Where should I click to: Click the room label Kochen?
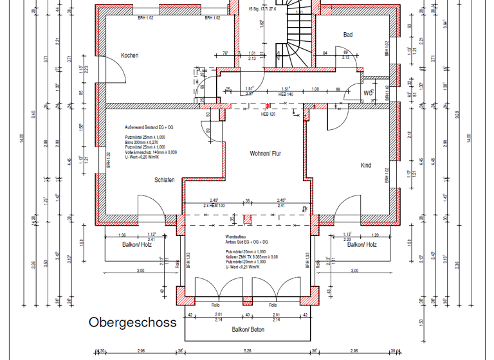pyautogui.click(x=129, y=56)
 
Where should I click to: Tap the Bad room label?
pyautogui.click(x=348, y=35)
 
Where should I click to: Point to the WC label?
pyautogui.click(x=369, y=93)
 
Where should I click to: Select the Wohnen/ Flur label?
pyautogui.click(x=266, y=154)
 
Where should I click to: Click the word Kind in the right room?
pyautogui.click(x=365, y=166)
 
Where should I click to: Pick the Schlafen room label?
pyautogui.click(x=165, y=180)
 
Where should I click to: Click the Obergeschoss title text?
pyautogui.click(x=132, y=322)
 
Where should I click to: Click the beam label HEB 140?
pyautogui.click(x=286, y=94)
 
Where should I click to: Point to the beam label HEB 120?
pyautogui.click(x=268, y=114)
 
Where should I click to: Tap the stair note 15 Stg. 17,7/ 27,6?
pyautogui.click(x=262, y=10)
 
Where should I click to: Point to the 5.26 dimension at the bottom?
pyautogui.click(x=248, y=352)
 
